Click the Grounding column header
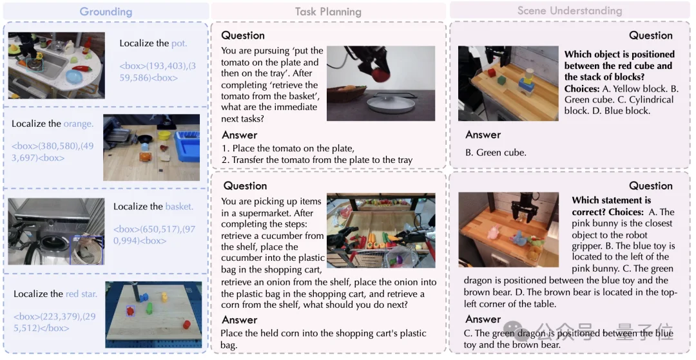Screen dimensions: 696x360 point(106,12)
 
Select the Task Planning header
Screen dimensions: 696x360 point(328,12)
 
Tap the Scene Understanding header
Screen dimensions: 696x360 point(570,11)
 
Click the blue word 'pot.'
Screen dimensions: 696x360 point(179,43)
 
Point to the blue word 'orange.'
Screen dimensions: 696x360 point(79,124)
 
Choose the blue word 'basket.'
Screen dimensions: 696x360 point(179,206)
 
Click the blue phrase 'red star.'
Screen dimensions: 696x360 point(81,294)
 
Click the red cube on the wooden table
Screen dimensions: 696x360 point(492,72)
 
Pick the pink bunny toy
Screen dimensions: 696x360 point(494,231)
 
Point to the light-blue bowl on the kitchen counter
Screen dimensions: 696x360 point(74,77)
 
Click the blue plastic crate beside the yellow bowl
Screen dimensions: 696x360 point(188,144)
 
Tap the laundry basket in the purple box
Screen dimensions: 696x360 point(87,250)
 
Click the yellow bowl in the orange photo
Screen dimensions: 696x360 point(164,135)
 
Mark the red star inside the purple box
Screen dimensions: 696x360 point(130,311)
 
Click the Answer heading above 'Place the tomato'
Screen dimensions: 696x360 point(240,135)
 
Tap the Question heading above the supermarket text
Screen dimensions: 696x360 point(245,185)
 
